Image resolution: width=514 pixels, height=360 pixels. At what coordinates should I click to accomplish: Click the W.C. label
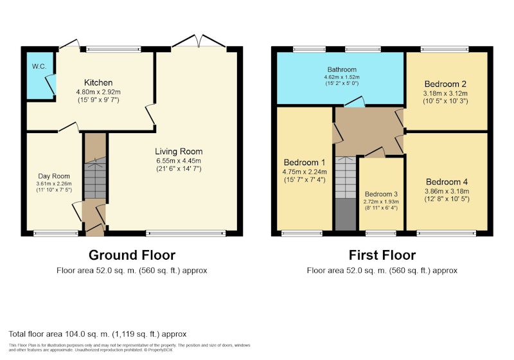coord(39,66)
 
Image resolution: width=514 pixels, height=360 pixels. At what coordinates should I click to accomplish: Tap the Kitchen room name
coord(98,83)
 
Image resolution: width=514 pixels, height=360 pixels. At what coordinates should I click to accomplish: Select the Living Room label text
coord(179,152)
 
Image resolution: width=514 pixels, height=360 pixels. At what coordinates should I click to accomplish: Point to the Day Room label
coord(54,176)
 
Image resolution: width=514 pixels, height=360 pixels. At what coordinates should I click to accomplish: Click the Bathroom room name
coord(342,69)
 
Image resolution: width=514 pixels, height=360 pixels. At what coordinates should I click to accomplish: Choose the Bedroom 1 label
coord(305,162)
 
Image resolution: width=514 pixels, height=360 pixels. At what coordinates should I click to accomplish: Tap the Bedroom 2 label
coord(445,84)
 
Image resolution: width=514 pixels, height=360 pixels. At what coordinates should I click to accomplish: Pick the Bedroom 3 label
coord(381,194)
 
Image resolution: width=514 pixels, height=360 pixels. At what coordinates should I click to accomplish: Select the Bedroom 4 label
coord(447,182)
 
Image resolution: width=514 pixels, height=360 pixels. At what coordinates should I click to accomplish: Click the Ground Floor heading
coord(132,255)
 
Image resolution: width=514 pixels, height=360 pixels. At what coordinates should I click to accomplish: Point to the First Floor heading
coord(382,255)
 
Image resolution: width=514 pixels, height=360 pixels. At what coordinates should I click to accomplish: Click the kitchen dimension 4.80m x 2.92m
coord(98,92)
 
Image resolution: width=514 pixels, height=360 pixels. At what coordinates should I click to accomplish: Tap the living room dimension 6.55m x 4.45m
coord(179,161)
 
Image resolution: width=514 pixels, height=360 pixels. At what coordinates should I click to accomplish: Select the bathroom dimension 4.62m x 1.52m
coord(342,77)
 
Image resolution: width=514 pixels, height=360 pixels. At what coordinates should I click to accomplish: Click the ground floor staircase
coord(95,177)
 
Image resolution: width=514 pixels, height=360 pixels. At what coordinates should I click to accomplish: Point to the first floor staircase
coord(346,177)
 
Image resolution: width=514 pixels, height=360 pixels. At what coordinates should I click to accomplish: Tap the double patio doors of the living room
coord(199,42)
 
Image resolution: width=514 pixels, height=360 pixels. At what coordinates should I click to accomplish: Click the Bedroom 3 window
coord(381,233)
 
